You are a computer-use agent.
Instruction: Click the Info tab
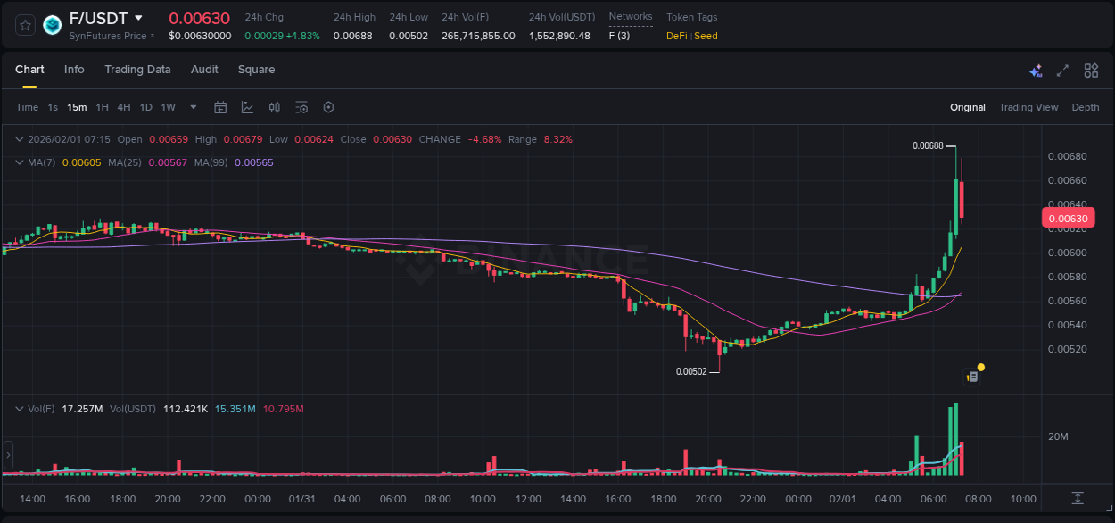(x=74, y=70)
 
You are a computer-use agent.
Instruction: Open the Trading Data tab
(x=137, y=70)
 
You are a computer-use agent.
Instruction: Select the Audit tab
(x=204, y=70)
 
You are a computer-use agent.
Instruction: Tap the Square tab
(x=256, y=70)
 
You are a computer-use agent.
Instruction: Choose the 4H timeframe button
(x=124, y=107)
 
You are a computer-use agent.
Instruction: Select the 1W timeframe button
(x=168, y=107)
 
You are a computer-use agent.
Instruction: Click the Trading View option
(x=1028, y=107)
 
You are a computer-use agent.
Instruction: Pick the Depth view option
(x=1085, y=107)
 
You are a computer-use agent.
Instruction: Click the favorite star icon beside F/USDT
(x=25, y=25)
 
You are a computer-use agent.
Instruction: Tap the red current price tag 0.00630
(x=1067, y=219)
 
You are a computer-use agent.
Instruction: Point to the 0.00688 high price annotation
(x=928, y=145)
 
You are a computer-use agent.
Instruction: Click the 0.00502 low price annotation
(x=691, y=371)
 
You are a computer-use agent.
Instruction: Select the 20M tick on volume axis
(x=1058, y=436)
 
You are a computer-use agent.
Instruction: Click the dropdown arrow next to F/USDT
(x=138, y=18)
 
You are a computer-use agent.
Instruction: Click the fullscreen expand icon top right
(x=1062, y=71)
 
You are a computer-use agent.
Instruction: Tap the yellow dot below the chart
(x=981, y=367)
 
